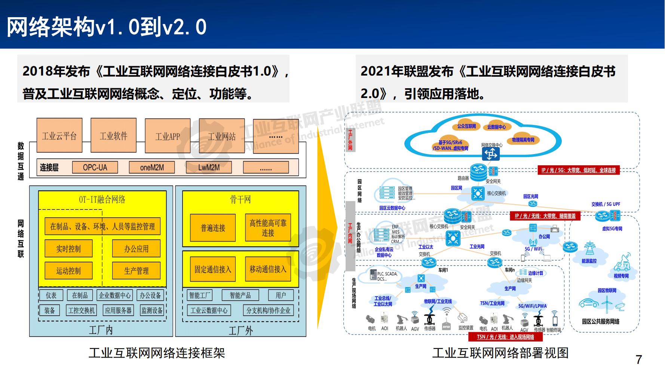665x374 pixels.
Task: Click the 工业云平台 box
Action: [x=59, y=135]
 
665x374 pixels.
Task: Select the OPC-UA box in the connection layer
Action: [x=95, y=167]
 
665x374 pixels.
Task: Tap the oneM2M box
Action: [x=152, y=167]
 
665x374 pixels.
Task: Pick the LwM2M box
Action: [x=209, y=167]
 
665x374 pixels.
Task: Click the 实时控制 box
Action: [x=68, y=249]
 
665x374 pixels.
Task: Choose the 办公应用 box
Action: [x=136, y=249]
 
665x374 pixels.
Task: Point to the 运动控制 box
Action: [x=68, y=271]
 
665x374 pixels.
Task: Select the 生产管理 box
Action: [x=136, y=271]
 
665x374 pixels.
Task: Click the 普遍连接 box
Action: [x=213, y=228]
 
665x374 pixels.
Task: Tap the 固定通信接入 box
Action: [x=213, y=269]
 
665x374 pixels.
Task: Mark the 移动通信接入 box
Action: [x=268, y=269]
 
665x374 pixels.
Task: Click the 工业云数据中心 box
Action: [x=209, y=310]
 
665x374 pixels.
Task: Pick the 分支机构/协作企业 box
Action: [x=268, y=310]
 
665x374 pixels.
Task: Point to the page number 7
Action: [x=639, y=360]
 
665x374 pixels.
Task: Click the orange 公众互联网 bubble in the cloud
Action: [x=466, y=126]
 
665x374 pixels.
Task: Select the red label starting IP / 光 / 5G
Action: [x=578, y=170]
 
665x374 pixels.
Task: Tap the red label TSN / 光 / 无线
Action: [x=505, y=337]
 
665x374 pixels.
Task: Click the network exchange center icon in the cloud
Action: [x=491, y=153]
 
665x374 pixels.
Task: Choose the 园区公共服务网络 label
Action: [x=601, y=321]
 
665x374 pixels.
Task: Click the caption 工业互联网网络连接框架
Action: [x=157, y=353]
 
